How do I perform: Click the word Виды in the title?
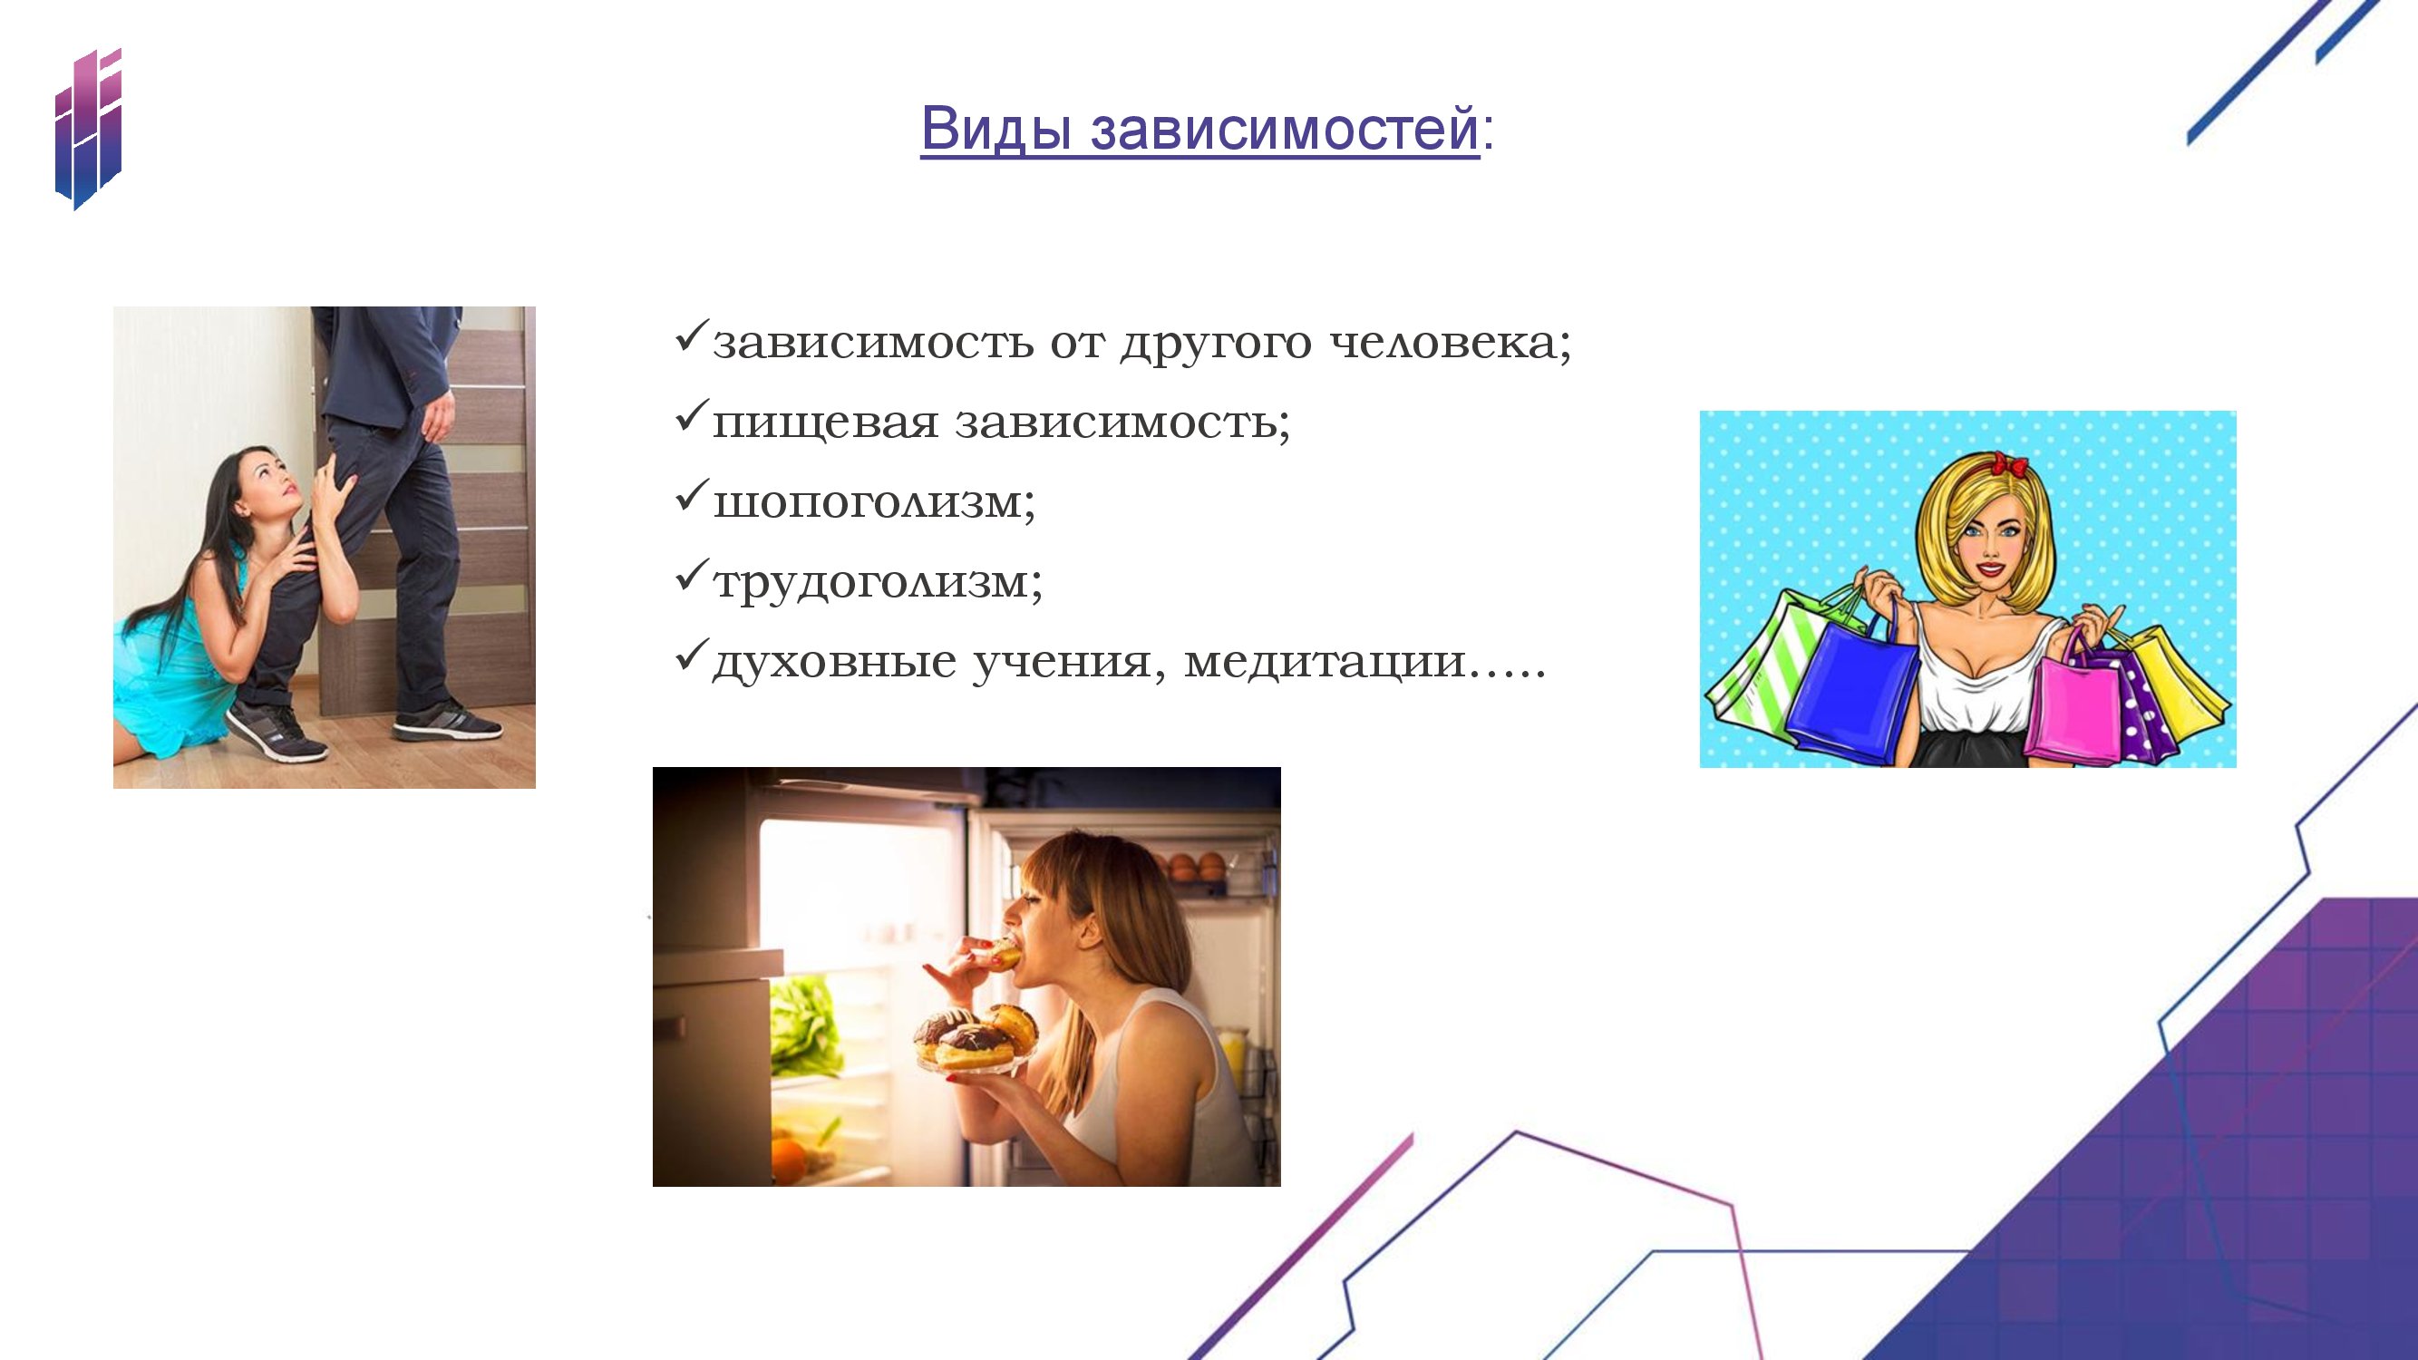(x=995, y=129)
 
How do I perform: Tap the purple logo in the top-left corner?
(x=88, y=129)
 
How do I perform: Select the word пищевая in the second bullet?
(x=825, y=423)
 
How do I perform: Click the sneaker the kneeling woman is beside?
(x=274, y=731)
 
